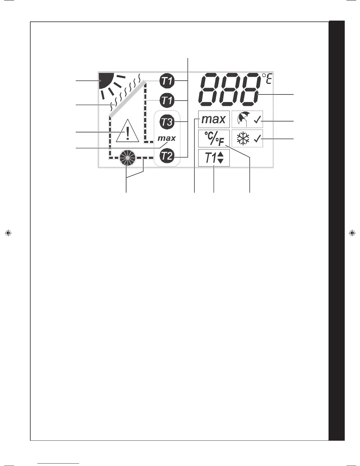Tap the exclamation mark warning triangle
[127, 131]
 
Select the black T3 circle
[167, 122]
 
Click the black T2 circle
[167, 156]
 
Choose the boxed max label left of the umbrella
[214, 119]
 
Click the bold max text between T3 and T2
[166, 138]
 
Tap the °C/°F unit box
[214, 138]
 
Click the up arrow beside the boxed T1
[221, 154]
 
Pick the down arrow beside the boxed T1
[221, 161]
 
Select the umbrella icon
[242, 119]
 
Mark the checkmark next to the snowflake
[257, 139]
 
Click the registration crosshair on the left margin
[8, 233]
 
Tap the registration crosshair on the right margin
[351, 233]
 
